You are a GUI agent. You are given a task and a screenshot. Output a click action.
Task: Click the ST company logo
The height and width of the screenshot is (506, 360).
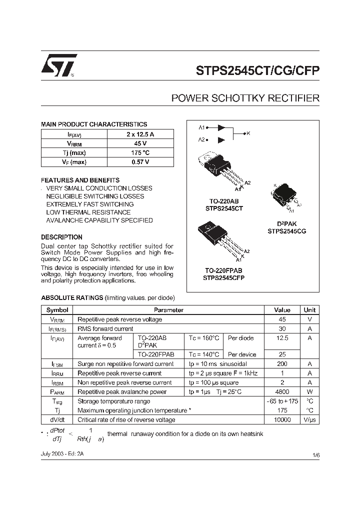[58, 66]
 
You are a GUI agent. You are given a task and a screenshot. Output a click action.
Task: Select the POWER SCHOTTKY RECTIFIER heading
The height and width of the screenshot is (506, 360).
[245, 98]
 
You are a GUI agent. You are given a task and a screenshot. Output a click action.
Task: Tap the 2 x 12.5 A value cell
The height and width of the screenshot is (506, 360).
[140, 134]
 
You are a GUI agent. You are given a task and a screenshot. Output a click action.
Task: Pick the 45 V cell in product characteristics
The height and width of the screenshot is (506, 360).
[140, 143]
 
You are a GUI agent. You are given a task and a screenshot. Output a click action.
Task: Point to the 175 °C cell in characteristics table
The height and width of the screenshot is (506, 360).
[140, 153]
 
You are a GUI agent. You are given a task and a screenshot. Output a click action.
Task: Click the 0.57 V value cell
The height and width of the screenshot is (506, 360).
[140, 162]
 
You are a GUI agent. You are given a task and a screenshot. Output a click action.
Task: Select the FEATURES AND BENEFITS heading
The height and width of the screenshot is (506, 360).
[80, 180]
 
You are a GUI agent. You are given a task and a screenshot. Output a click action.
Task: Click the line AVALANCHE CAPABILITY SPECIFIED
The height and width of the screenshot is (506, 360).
[99, 220]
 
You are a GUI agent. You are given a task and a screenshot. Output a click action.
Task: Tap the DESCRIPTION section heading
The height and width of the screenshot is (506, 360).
[61, 237]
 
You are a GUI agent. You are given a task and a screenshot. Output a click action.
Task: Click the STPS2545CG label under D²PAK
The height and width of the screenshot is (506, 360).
[286, 231]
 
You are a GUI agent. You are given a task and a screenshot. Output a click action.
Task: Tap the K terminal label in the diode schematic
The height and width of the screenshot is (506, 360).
[248, 133]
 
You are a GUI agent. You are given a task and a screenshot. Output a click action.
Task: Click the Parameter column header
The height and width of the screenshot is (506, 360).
[168, 310]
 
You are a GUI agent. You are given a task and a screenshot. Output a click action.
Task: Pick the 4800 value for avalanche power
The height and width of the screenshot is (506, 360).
[282, 392]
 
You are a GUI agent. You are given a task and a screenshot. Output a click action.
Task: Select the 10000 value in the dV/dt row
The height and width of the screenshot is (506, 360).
[282, 420]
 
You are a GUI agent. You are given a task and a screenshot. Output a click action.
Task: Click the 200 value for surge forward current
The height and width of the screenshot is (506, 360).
[282, 364]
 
